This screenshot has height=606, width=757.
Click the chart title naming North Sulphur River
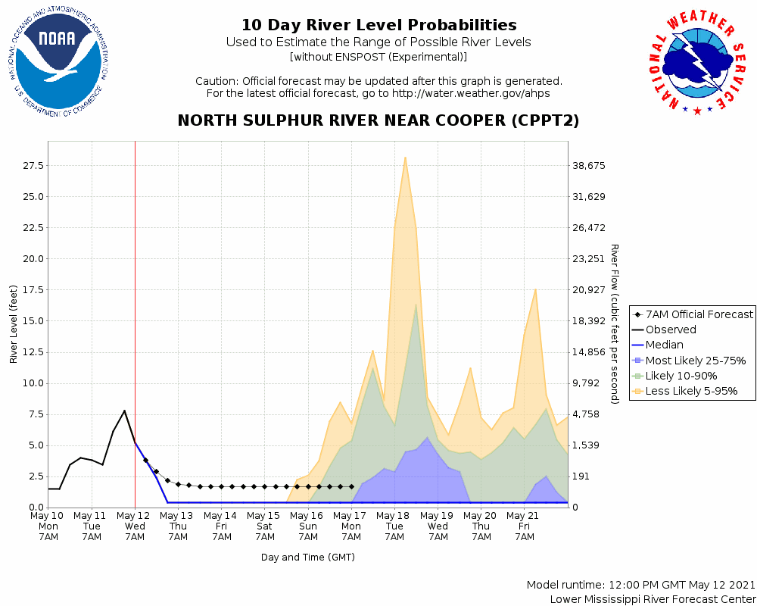(378, 121)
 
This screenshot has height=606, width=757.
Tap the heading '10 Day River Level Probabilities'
(378, 26)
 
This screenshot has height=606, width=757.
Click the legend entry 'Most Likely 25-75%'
(696, 361)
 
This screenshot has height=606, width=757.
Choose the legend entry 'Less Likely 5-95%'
(691, 392)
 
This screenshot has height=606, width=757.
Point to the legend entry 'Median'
(664, 345)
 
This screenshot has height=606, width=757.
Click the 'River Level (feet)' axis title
(14, 323)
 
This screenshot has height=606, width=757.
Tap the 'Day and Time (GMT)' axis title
(308, 558)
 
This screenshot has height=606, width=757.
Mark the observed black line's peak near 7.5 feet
(124, 411)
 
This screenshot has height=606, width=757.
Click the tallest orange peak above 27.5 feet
(405, 158)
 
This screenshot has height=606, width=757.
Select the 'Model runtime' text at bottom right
(640, 586)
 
